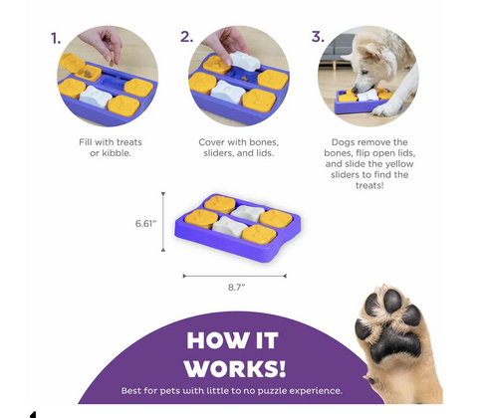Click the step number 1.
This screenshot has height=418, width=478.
pyautogui.click(x=56, y=39)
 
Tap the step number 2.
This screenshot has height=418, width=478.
pyautogui.click(x=186, y=37)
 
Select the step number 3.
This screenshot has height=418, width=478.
pyautogui.click(x=318, y=37)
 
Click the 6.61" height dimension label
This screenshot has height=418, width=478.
pyautogui.click(x=145, y=224)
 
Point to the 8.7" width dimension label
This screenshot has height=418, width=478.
pyautogui.click(x=236, y=287)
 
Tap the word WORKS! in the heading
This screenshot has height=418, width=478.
pyautogui.click(x=235, y=368)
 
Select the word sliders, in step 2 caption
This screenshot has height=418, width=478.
pyautogui.click(x=220, y=153)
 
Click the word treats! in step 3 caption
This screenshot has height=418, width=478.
pyautogui.click(x=369, y=185)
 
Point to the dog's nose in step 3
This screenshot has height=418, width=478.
pyautogui.click(x=355, y=90)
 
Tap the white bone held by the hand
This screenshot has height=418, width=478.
pyautogui.click(x=245, y=61)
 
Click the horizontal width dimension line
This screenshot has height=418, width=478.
pyautogui.click(x=234, y=276)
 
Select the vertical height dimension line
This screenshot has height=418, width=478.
pyautogui.click(x=163, y=222)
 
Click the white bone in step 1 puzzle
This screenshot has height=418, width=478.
pyautogui.click(x=96, y=96)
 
